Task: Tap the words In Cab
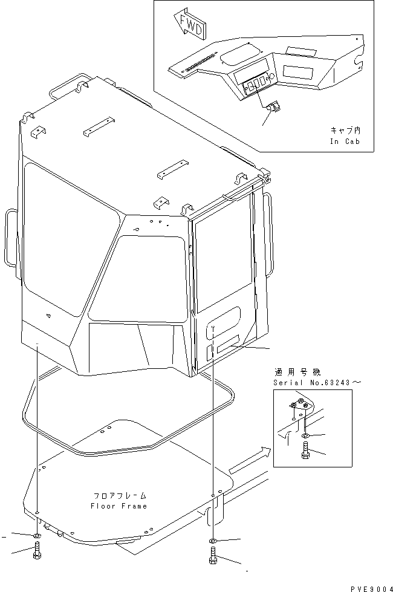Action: [x=344, y=141]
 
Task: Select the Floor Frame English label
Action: [x=119, y=506]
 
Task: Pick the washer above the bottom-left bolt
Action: [x=37, y=535]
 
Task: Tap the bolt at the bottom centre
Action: [x=213, y=555]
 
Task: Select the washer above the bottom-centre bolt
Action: [x=213, y=539]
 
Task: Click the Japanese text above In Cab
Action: [x=344, y=130]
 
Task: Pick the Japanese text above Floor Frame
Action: [x=119, y=494]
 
